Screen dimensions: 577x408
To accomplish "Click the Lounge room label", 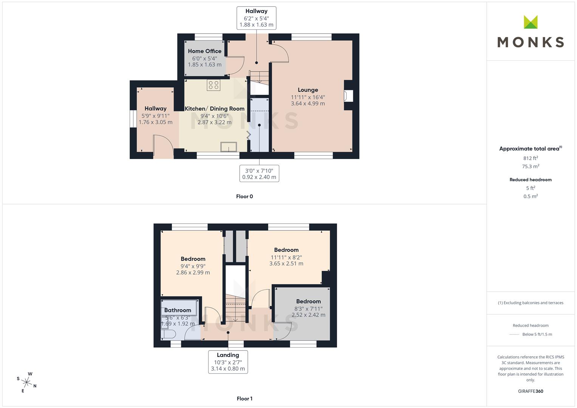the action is [x=308, y=90].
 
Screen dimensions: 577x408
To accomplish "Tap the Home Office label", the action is [x=204, y=51].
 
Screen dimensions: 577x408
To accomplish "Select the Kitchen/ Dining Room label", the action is [x=215, y=109].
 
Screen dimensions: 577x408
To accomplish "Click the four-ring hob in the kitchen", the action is [x=213, y=85].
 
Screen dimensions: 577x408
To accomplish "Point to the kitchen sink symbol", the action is [x=229, y=147].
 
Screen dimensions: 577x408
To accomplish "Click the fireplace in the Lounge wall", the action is [x=348, y=96].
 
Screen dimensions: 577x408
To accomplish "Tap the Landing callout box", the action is [x=228, y=362].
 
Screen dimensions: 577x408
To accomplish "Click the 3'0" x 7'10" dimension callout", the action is [x=259, y=174].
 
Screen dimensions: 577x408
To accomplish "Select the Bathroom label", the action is [x=178, y=311].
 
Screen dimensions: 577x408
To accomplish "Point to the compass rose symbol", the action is [x=26, y=382].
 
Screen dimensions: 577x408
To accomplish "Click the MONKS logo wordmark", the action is [x=531, y=42].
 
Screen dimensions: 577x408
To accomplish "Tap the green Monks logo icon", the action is [x=531, y=22].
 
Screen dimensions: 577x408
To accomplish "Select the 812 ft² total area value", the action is [x=531, y=158].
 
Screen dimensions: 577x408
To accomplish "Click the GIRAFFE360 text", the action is [x=531, y=391].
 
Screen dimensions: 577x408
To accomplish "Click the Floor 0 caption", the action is [x=244, y=196].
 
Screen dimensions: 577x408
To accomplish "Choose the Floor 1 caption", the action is [x=244, y=399].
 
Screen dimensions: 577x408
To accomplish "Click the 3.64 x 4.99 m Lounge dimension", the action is [x=308, y=104].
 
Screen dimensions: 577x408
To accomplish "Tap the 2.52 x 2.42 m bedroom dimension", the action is [x=308, y=315].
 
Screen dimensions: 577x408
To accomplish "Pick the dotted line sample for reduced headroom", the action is [x=514, y=335].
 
